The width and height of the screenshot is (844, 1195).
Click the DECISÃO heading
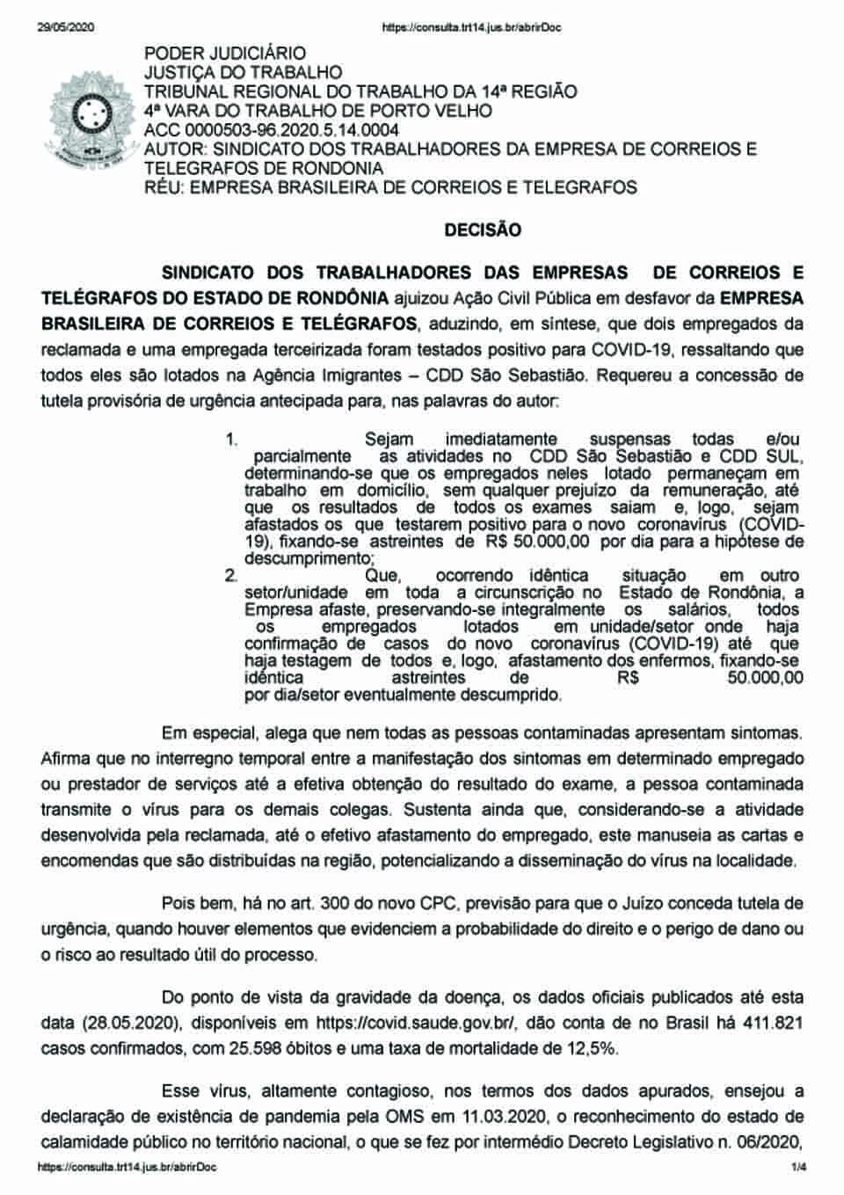pos(483,230)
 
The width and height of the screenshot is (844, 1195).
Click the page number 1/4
pos(797,1167)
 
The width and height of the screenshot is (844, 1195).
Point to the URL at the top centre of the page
pos(472,27)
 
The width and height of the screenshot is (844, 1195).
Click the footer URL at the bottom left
pos(127,1167)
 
